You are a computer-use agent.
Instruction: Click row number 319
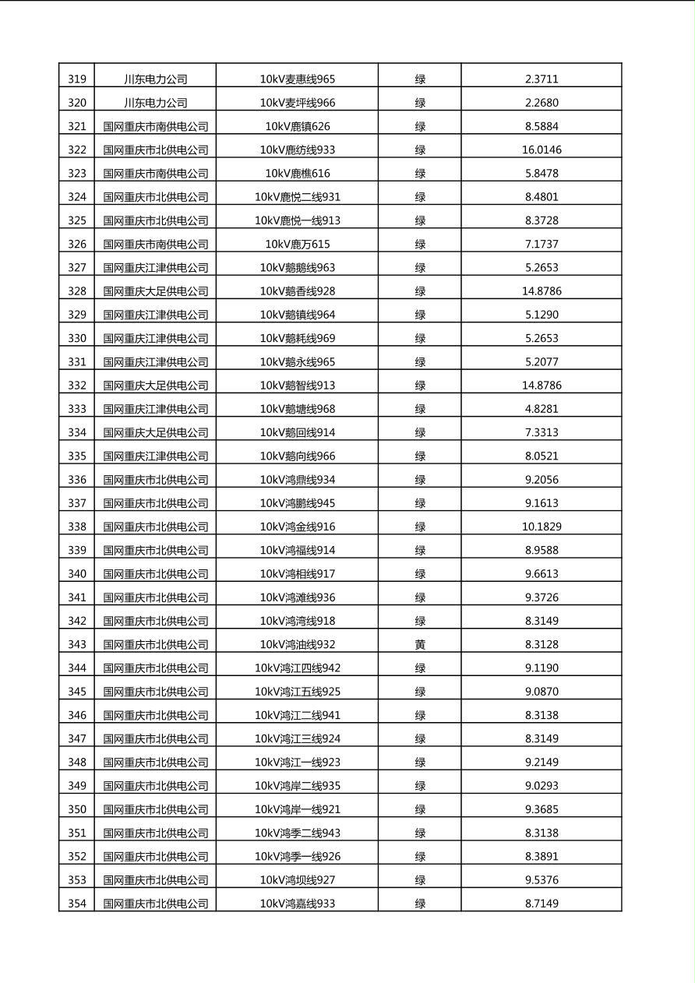tap(77, 79)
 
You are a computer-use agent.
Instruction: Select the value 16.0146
tap(542, 150)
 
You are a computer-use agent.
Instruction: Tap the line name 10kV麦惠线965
tap(298, 79)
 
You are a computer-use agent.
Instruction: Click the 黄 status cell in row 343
tap(420, 644)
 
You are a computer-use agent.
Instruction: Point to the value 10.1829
tap(542, 527)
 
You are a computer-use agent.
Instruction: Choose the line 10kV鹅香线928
tap(298, 291)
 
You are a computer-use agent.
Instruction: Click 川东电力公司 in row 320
tap(156, 103)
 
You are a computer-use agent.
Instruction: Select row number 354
tap(77, 904)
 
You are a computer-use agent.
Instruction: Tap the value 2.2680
tap(542, 103)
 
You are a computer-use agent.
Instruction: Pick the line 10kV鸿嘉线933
tap(298, 904)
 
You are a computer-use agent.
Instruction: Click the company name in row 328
tap(156, 291)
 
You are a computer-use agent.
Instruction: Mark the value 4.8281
tap(542, 409)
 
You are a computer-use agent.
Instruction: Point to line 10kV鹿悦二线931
tap(298, 197)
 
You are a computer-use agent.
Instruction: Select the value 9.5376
tap(542, 880)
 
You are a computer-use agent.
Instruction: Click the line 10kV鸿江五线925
tap(298, 692)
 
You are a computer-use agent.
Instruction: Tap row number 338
tap(77, 527)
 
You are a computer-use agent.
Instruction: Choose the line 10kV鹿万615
tap(298, 244)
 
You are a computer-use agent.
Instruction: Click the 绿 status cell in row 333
tap(420, 409)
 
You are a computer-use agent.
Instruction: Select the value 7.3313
tap(542, 432)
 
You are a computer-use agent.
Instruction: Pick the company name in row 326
tap(156, 244)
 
